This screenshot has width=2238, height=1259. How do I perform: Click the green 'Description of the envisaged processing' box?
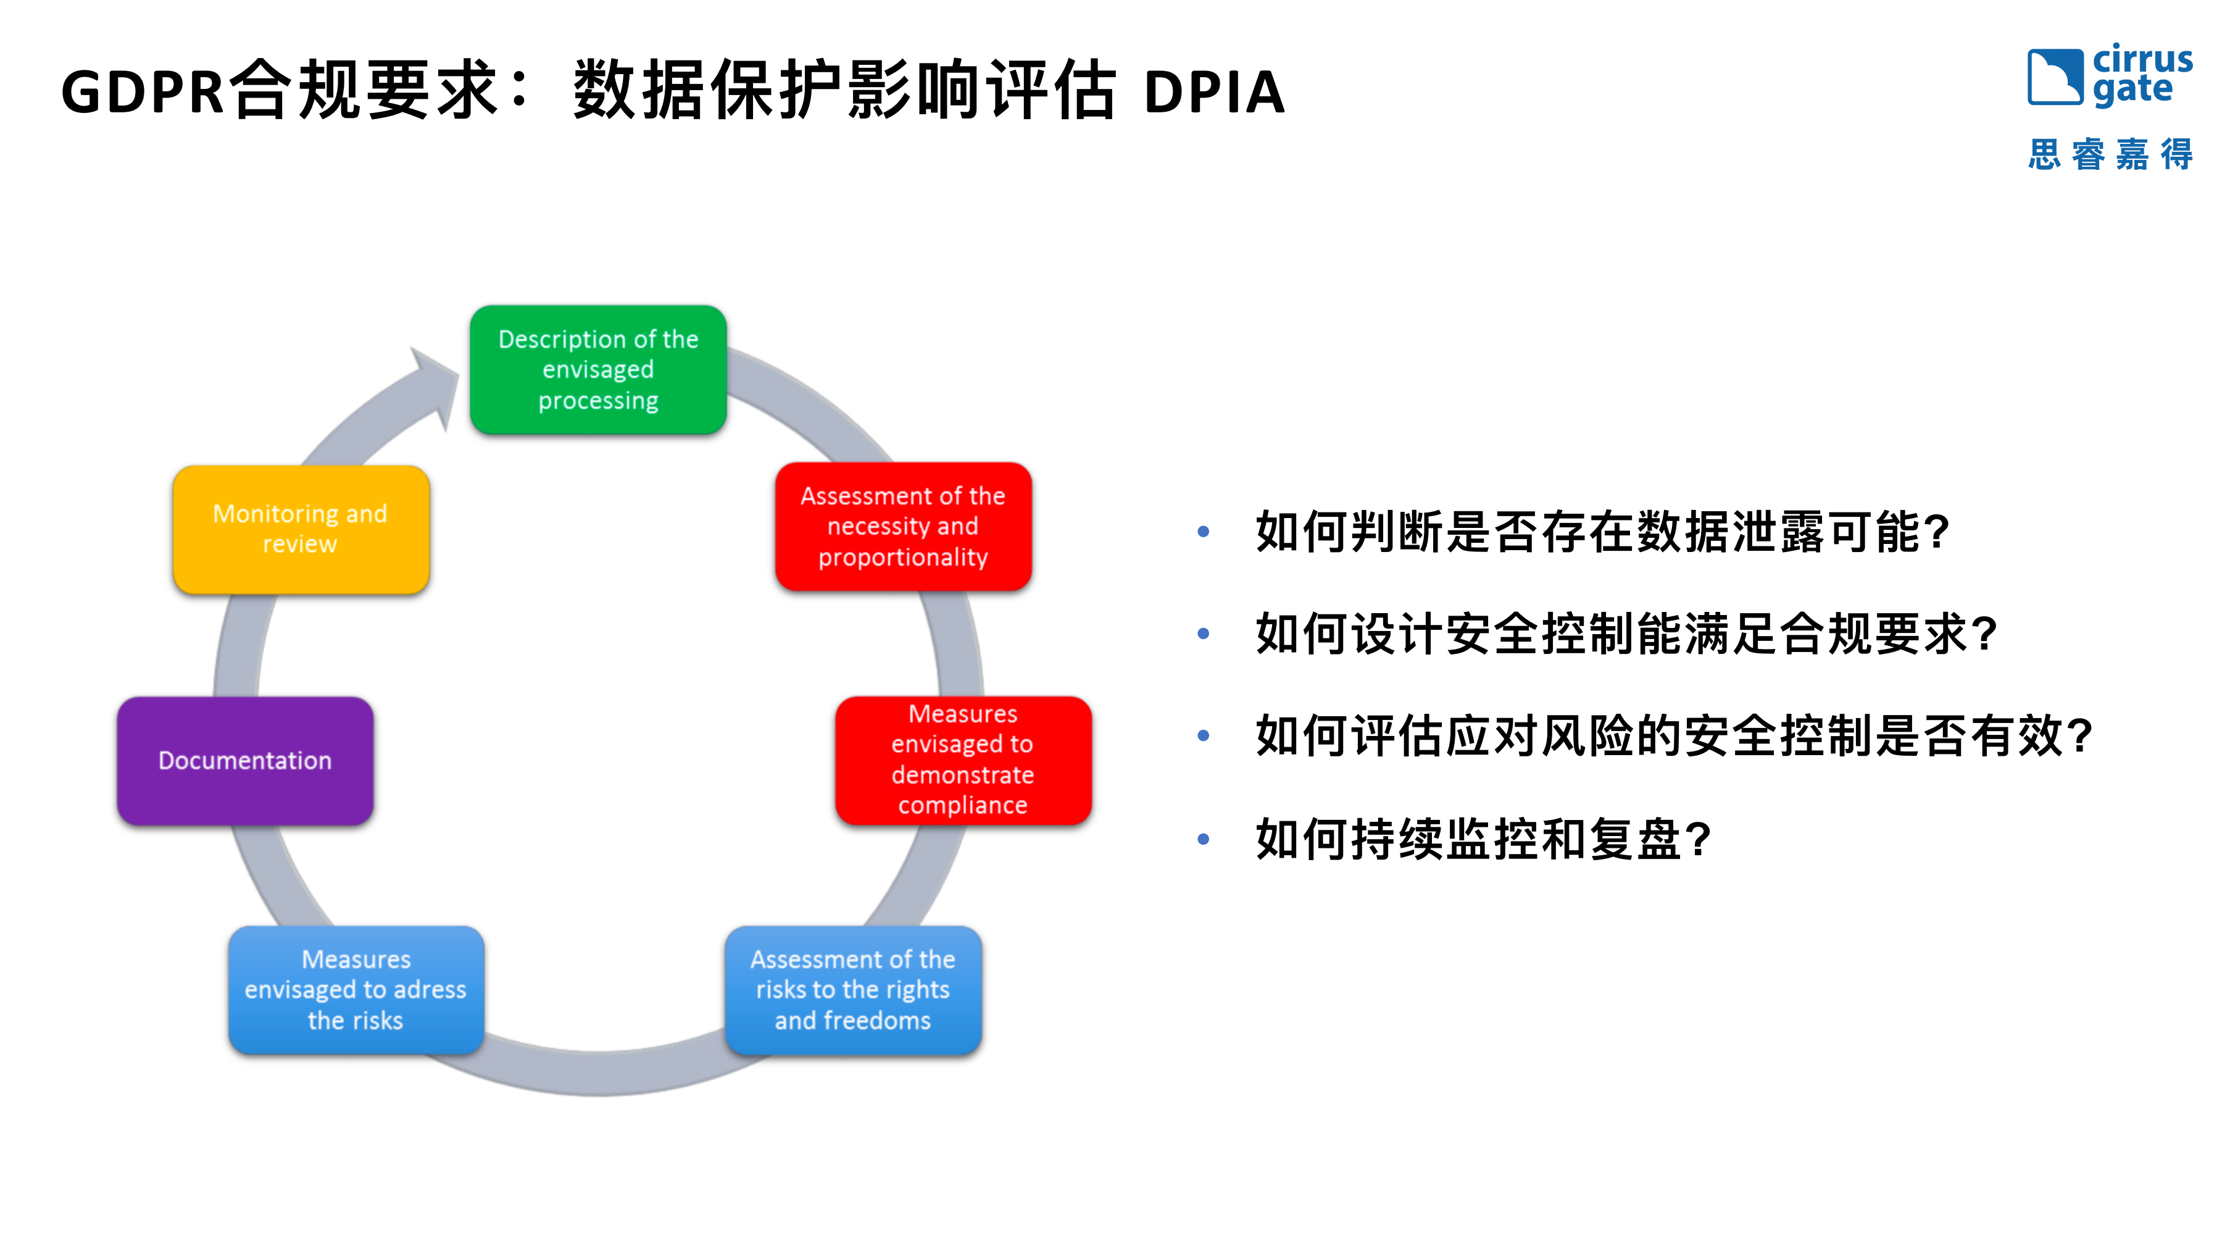point(597,369)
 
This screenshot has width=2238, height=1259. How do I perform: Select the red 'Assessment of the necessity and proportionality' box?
point(903,527)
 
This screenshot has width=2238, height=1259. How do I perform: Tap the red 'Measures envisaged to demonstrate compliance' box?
point(963,760)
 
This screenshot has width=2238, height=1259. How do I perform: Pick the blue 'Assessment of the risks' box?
point(852,990)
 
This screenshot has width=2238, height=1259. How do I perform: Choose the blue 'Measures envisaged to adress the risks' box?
point(356,990)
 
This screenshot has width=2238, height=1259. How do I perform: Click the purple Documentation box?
point(245,760)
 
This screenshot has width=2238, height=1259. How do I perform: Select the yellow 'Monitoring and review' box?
point(301,529)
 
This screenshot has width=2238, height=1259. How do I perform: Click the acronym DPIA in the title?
point(1213,92)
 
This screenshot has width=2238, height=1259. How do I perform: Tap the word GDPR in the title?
point(143,92)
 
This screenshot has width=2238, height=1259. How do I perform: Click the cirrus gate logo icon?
point(2055,77)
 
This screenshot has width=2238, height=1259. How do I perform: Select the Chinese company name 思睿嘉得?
point(2110,154)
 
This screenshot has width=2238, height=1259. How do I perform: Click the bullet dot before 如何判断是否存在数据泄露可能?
point(1204,532)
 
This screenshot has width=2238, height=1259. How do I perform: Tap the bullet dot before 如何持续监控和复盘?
point(1204,839)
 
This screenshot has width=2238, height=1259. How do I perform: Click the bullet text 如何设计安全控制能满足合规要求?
point(1624,634)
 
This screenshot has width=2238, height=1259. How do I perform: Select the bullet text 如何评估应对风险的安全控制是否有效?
point(1673,736)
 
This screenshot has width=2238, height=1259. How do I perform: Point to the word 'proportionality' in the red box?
point(903,557)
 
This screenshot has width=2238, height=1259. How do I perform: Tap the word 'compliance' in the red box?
point(963,805)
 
